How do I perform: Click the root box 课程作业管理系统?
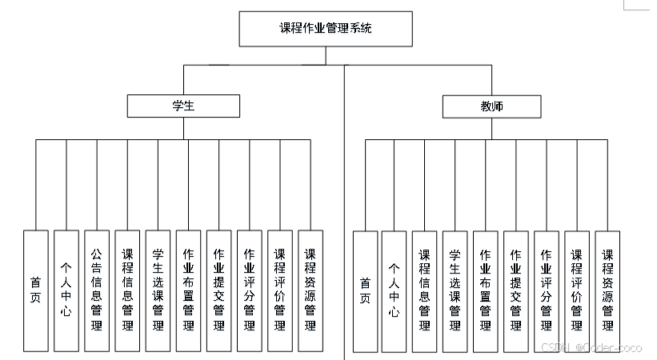[x=326, y=29]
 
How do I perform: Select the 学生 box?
[x=183, y=106]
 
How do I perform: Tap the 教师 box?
[x=491, y=106]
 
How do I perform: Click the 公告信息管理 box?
[x=97, y=291]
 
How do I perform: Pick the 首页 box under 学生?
[x=36, y=291]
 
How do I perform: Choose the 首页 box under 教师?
[x=365, y=292]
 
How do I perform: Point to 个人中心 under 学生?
[x=66, y=291]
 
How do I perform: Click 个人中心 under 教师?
[x=394, y=292]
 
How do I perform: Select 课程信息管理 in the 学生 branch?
[x=127, y=291]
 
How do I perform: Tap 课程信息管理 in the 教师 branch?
[x=424, y=292]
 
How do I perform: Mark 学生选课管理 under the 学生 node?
[x=158, y=291]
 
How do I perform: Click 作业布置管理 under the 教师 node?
[x=486, y=292]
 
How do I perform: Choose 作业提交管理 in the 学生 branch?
[x=218, y=291]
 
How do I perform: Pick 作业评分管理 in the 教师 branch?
[x=547, y=292]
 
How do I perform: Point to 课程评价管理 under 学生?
[x=280, y=291]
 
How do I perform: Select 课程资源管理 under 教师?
[x=607, y=292]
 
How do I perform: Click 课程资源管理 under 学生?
[x=310, y=291]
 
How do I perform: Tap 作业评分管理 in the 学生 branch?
[x=250, y=291]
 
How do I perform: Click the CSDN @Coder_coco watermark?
[x=591, y=347]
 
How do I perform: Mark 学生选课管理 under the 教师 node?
[x=455, y=292]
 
